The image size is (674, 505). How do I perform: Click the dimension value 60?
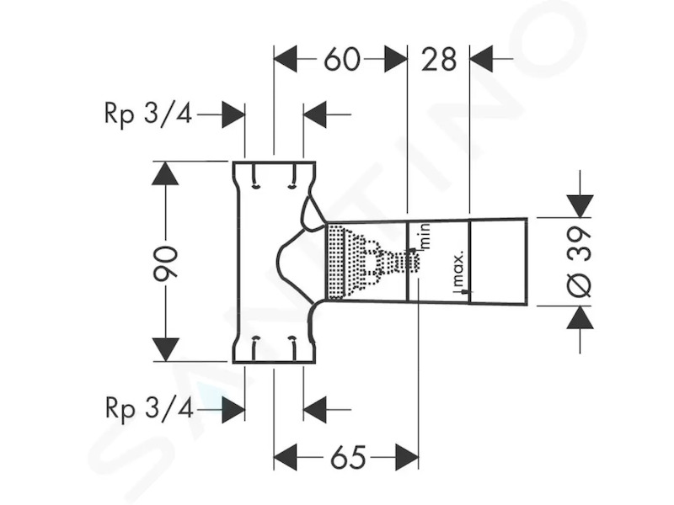342,59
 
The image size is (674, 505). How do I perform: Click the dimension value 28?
438,59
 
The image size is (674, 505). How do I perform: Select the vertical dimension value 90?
166,263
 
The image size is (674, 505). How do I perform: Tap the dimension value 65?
348,457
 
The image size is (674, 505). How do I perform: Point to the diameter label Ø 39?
580,262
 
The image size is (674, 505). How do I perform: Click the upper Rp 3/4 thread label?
148,114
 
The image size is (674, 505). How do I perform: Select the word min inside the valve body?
425,237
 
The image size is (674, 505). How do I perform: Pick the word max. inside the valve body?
458,268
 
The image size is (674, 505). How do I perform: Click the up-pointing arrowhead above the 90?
165,173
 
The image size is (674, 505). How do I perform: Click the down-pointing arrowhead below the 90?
166,349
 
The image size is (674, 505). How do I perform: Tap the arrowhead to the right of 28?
481,59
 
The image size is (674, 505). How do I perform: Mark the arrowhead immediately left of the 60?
286,59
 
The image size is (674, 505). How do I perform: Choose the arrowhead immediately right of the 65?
407,457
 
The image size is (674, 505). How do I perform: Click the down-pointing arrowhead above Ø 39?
580,206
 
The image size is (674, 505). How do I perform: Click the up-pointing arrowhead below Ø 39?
580,317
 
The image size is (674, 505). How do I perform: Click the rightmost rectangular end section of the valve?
498,262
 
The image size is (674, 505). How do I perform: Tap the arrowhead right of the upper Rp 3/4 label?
233,114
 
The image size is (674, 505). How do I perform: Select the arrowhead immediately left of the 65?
286,457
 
